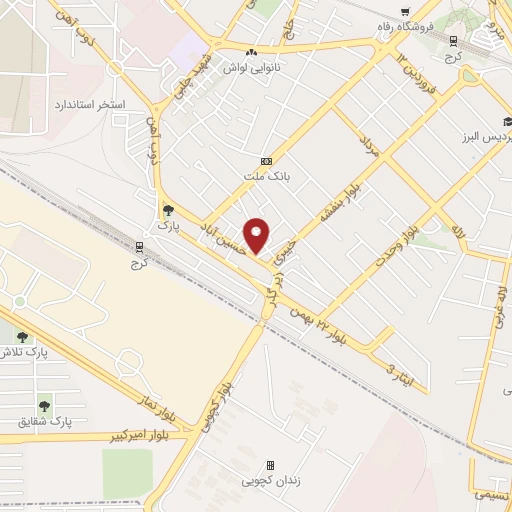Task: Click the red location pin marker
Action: [257, 236]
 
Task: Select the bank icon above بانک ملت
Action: [266, 161]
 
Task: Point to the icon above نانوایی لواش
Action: [251, 52]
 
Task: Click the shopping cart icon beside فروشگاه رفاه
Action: [404, 13]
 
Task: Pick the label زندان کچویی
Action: [270, 481]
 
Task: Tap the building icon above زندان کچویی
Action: [270, 466]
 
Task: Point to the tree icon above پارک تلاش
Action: [20, 337]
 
